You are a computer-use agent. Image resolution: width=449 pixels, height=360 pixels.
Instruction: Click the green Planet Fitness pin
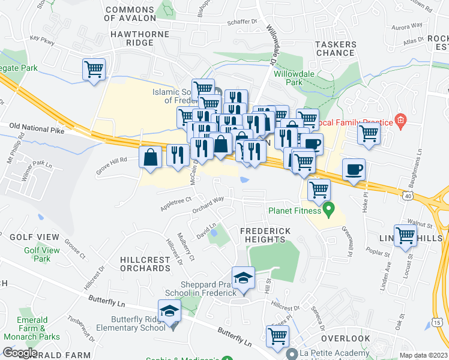click(328, 209)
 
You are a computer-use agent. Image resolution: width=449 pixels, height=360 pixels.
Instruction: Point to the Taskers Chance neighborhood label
click(335, 49)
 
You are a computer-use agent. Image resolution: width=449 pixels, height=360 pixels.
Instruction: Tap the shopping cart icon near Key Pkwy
click(94, 70)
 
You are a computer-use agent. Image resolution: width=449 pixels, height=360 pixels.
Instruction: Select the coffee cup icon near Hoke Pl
click(354, 169)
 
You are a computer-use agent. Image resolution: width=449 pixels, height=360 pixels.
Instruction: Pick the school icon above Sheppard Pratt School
click(243, 277)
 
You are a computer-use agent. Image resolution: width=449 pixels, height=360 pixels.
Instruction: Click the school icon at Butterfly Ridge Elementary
click(170, 310)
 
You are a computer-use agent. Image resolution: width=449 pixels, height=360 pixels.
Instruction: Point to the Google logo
click(20, 352)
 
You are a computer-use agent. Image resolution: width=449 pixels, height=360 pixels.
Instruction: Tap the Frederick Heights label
click(265, 235)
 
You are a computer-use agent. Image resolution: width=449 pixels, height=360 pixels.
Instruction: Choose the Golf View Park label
click(41, 254)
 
